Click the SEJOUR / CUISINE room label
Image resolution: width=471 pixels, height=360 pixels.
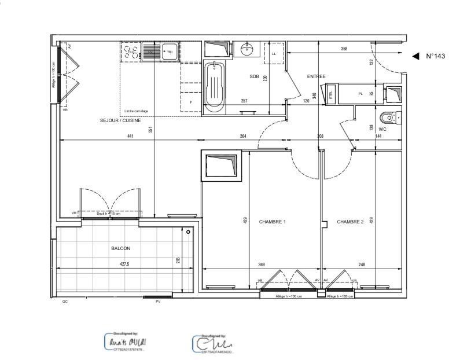click(120, 120)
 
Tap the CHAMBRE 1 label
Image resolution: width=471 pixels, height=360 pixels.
click(272, 222)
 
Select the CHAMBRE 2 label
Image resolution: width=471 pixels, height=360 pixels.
click(350, 222)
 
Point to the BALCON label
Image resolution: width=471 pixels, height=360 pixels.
click(120, 248)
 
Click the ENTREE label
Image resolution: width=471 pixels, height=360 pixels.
click(316, 76)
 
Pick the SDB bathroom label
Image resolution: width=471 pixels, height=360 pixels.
click(255, 76)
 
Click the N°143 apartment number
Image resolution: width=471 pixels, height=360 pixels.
click(436, 56)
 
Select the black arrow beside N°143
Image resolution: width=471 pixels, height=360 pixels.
click(415, 56)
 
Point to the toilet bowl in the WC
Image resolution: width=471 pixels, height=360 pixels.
click(387, 118)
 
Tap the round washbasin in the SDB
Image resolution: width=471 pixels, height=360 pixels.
click(248, 49)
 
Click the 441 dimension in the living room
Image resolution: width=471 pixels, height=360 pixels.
click(130, 137)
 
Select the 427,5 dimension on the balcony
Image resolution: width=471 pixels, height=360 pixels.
click(124, 264)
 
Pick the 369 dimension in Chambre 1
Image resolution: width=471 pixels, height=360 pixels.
click(262, 265)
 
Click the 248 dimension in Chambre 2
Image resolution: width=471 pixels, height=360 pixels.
click(362, 265)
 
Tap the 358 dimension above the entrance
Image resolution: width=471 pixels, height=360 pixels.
click(344, 49)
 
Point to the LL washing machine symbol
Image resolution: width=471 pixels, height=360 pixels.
click(274, 54)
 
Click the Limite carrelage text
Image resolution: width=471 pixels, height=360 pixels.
click(137, 111)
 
